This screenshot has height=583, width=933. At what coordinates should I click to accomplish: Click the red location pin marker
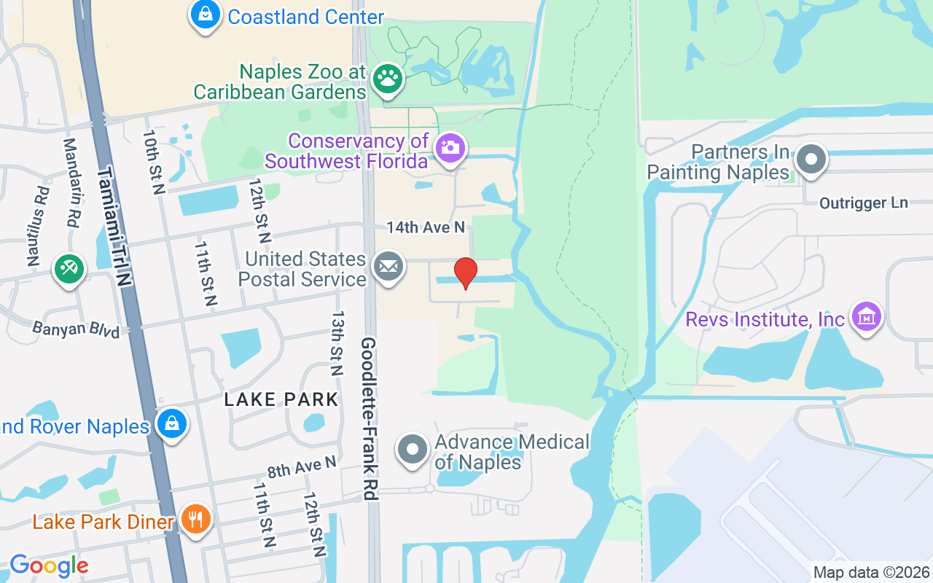tap(465, 273)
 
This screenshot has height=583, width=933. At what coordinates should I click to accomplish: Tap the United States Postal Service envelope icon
tap(389, 267)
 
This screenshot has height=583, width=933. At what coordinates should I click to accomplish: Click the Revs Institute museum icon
tap(866, 318)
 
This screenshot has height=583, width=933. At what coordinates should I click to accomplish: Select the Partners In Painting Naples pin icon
tap(810, 160)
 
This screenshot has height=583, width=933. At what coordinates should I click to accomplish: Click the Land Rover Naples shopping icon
tap(172, 423)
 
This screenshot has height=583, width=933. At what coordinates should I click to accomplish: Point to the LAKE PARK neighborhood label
tap(281, 399)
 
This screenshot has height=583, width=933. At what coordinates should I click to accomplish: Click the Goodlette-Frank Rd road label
tap(369, 418)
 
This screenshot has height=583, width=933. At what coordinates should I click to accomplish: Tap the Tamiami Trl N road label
tap(115, 226)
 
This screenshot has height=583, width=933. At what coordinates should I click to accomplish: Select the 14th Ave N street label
tap(426, 227)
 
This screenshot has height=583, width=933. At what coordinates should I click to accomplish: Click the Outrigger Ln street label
tap(864, 203)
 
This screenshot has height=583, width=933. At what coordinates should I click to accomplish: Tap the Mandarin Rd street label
tap(71, 183)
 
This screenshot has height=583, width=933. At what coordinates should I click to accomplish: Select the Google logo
tap(49, 565)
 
